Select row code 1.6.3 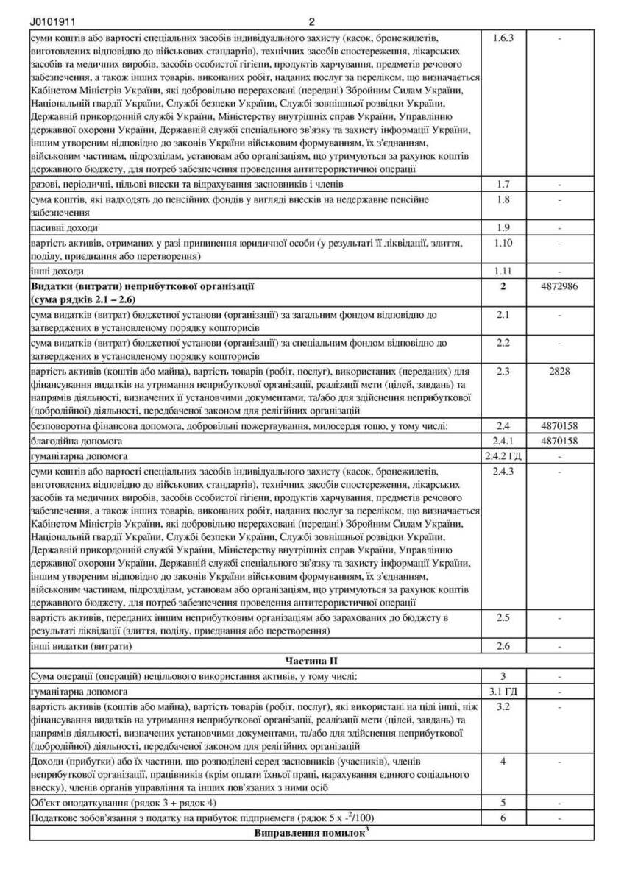[503, 37]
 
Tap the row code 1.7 [503, 184]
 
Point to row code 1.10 [503, 242]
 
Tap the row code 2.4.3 [503, 471]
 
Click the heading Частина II [312, 662]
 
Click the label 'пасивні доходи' [64, 227]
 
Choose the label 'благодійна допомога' [77, 441]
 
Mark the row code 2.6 [503, 647]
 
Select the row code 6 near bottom [503, 818]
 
